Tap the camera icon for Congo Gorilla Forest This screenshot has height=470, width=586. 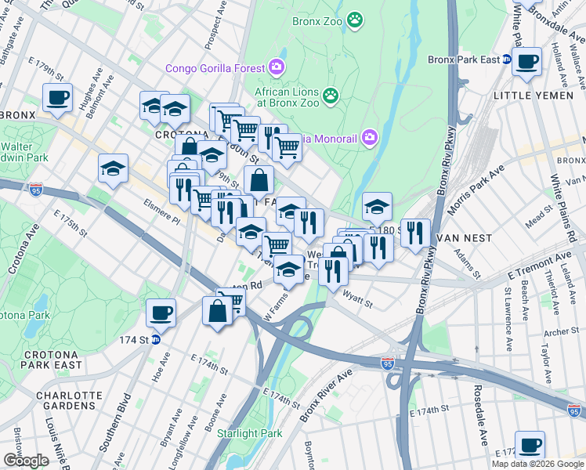pyautogui.click(x=276, y=67)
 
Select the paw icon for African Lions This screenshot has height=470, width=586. pyautogui.click(x=331, y=96)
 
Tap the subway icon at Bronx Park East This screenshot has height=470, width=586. pyautogui.click(x=507, y=60)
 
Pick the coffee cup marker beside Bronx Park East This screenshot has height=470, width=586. pyautogui.click(x=526, y=60)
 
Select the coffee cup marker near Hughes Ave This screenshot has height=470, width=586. pyautogui.click(x=57, y=98)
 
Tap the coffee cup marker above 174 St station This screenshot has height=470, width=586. pyautogui.click(x=161, y=313)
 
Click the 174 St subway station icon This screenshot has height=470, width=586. pyautogui.click(x=155, y=338)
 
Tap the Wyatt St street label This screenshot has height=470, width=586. pyautogui.click(x=357, y=297)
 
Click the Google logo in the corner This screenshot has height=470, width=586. pyautogui.click(x=26, y=460)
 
